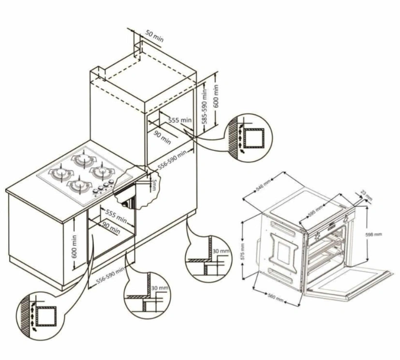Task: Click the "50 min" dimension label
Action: [x=154, y=36]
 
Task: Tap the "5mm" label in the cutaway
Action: [x=154, y=185]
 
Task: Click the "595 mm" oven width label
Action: [x=315, y=211]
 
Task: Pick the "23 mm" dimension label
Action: [x=367, y=195]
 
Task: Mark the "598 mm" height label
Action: [x=374, y=234]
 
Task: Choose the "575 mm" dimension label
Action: [x=243, y=252]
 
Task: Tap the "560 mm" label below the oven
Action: [x=276, y=298]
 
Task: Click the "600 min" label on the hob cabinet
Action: [x=74, y=246]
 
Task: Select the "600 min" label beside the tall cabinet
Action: [x=216, y=96]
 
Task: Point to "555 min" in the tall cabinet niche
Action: [x=180, y=120]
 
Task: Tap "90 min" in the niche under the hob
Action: [x=111, y=227]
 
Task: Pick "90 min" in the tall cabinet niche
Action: [x=162, y=138]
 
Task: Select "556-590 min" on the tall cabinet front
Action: [x=173, y=160]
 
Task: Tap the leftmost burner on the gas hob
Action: [x=61, y=174]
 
